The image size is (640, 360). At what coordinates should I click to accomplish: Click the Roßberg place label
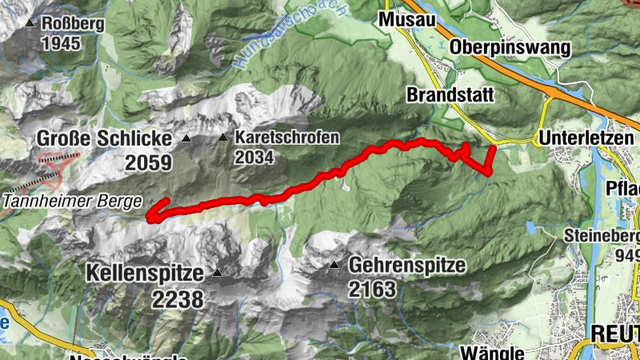pyautogui.click(x=74, y=24)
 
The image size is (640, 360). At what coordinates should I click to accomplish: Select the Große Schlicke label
pyautogui.click(x=104, y=139)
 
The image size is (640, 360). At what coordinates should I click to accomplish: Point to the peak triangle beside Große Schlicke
pyautogui.click(x=186, y=139)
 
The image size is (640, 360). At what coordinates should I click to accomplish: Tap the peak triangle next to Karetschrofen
pyautogui.click(x=222, y=138)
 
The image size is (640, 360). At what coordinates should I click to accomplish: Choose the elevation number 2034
pyautogui.click(x=254, y=157)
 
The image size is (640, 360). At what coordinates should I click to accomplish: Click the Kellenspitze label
pyautogui.click(x=145, y=273)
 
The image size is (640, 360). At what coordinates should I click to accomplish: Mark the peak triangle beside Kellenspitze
pyautogui.click(x=216, y=274)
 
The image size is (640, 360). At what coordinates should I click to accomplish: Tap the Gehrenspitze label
pyautogui.click(x=406, y=265)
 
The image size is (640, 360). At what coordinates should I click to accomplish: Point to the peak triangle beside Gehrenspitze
pyautogui.click(x=334, y=264)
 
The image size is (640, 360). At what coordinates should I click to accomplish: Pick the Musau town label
pyautogui.click(x=408, y=18)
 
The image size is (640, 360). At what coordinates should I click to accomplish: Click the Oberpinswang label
pyautogui.click(x=510, y=47)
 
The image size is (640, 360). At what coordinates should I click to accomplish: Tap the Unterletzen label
pyautogui.click(x=590, y=138)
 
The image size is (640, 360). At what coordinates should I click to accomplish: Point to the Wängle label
pyautogui.click(x=492, y=353)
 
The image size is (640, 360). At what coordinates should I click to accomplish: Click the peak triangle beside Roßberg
pyautogui.click(x=30, y=24)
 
